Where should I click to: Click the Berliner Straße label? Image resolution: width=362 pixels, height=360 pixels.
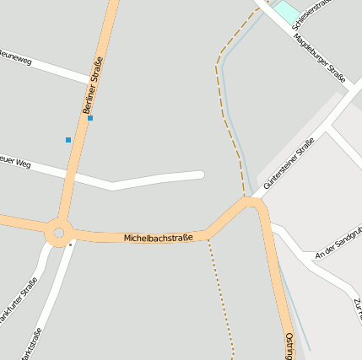(x=93, y=85)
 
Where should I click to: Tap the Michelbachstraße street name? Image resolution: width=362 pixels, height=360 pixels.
(x=158, y=238)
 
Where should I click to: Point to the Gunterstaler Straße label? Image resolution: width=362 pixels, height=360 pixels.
(x=289, y=164)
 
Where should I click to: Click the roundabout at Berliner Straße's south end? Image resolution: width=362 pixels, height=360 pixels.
(x=58, y=232)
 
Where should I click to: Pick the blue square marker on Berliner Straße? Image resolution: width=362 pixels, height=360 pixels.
(x=90, y=118)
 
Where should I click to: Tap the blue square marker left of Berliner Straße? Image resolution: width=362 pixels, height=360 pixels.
(x=68, y=139)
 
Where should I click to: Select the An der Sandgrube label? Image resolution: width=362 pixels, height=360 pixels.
(x=338, y=246)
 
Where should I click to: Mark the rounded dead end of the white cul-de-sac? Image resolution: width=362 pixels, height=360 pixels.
(x=201, y=175)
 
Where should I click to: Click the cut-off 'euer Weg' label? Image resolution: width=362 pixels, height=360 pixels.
(x=14, y=161)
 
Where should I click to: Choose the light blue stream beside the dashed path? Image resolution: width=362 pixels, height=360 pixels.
(x=239, y=143)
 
